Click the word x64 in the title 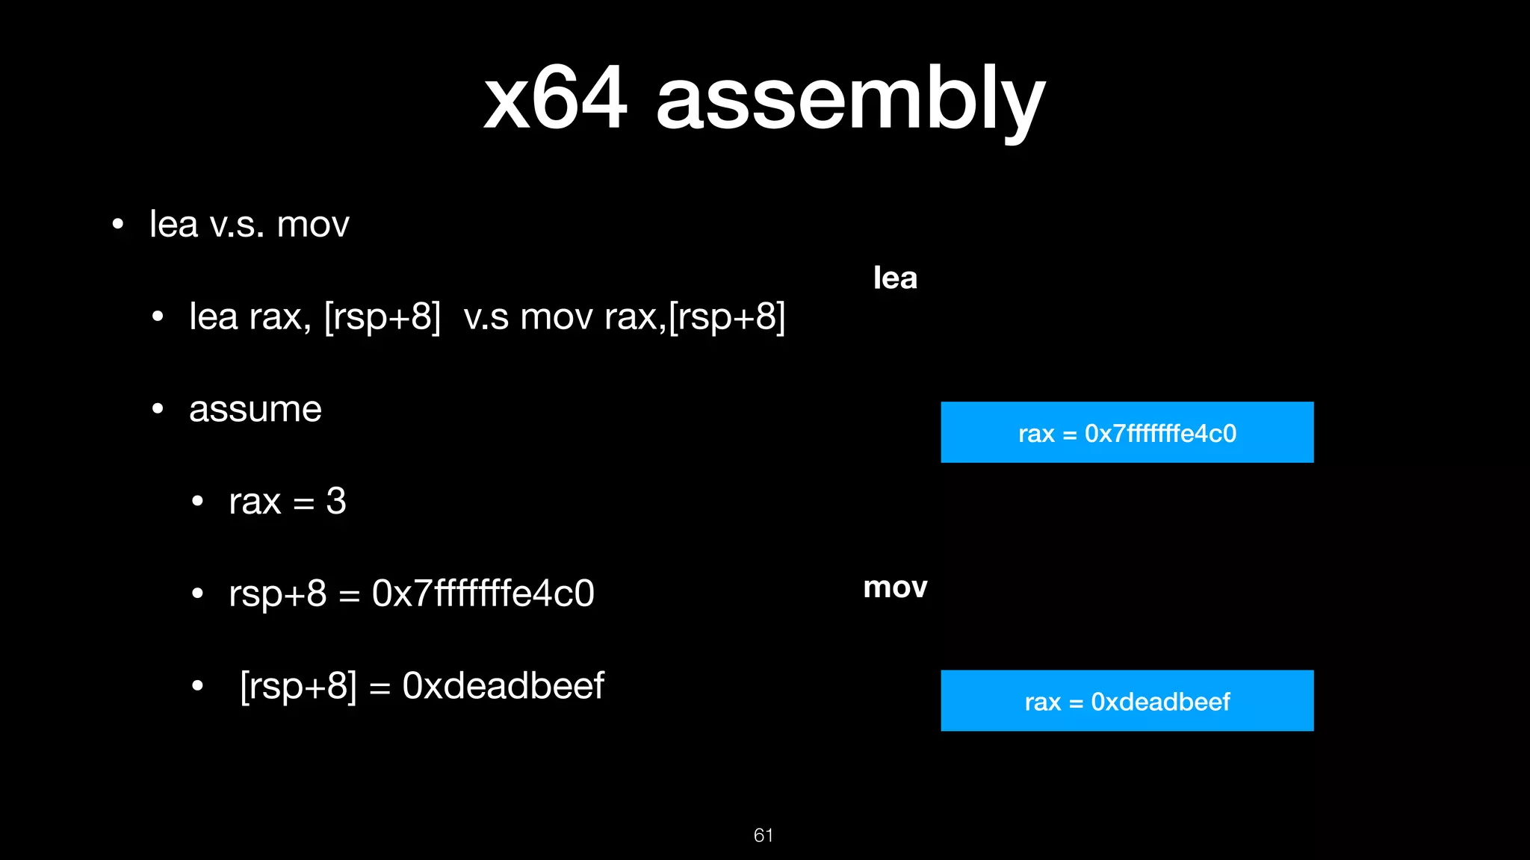[x=554, y=99]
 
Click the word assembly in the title [x=850, y=102]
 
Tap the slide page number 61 [x=763, y=835]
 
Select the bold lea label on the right [x=895, y=278]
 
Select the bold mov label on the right [x=895, y=588]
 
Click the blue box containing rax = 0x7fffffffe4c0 [x=1127, y=432]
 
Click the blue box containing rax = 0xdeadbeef [x=1127, y=700]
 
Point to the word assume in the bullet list [x=255, y=409]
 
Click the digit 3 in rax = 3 [x=336, y=501]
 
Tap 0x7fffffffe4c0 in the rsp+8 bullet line [x=483, y=594]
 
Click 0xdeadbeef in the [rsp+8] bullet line [x=503, y=686]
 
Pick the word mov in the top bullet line [x=313, y=225]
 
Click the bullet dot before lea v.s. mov [x=117, y=225]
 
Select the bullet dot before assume [x=158, y=410]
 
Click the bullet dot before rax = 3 [x=197, y=502]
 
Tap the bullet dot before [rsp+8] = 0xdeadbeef [x=197, y=686]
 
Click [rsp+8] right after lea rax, [x=382, y=317]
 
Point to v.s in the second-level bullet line [x=486, y=317]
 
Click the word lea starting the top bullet [x=173, y=225]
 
